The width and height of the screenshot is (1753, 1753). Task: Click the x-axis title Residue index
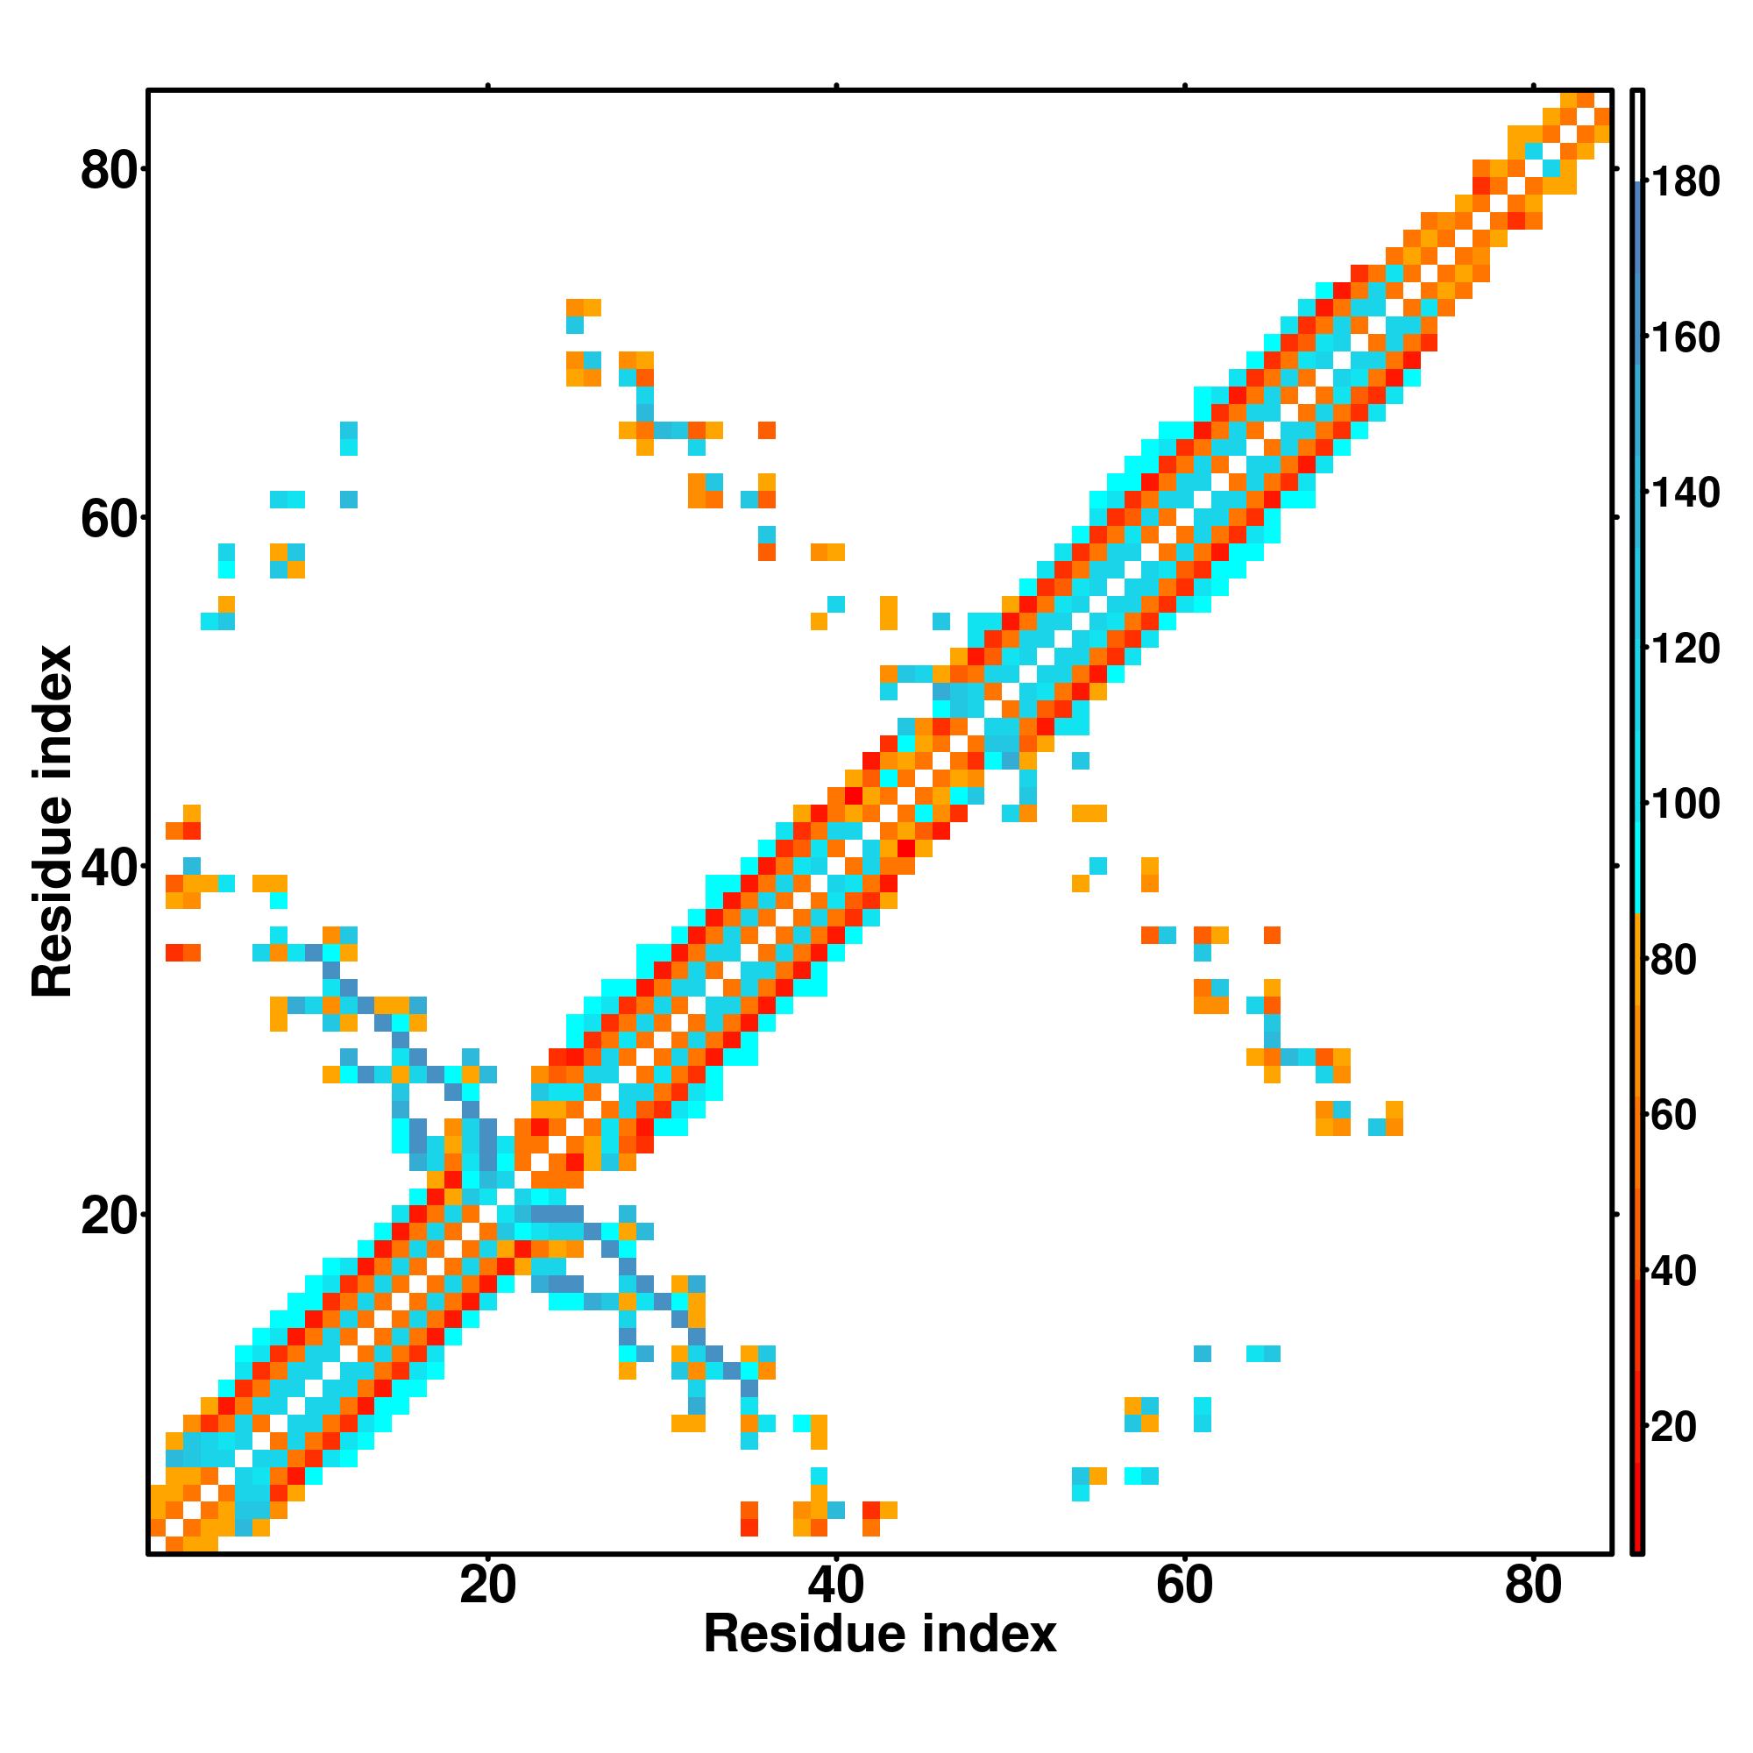coord(879,1659)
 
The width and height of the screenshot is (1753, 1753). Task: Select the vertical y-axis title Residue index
coord(52,821)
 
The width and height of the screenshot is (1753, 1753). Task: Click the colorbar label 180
coord(1685,183)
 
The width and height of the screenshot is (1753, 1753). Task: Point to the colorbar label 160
coord(1685,338)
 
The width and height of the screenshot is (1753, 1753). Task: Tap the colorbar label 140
coord(1685,494)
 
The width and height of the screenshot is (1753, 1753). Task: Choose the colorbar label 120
coord(1685,649)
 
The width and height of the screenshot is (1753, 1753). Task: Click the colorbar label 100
coord(1685,805)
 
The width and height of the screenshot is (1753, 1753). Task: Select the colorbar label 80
coord(1675,961)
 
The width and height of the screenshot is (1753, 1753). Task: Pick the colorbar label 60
coord(1675,1116)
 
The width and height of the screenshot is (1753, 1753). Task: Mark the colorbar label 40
coord(1675,1272)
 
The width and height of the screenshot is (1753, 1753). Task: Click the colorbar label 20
coord(1675,1427)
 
